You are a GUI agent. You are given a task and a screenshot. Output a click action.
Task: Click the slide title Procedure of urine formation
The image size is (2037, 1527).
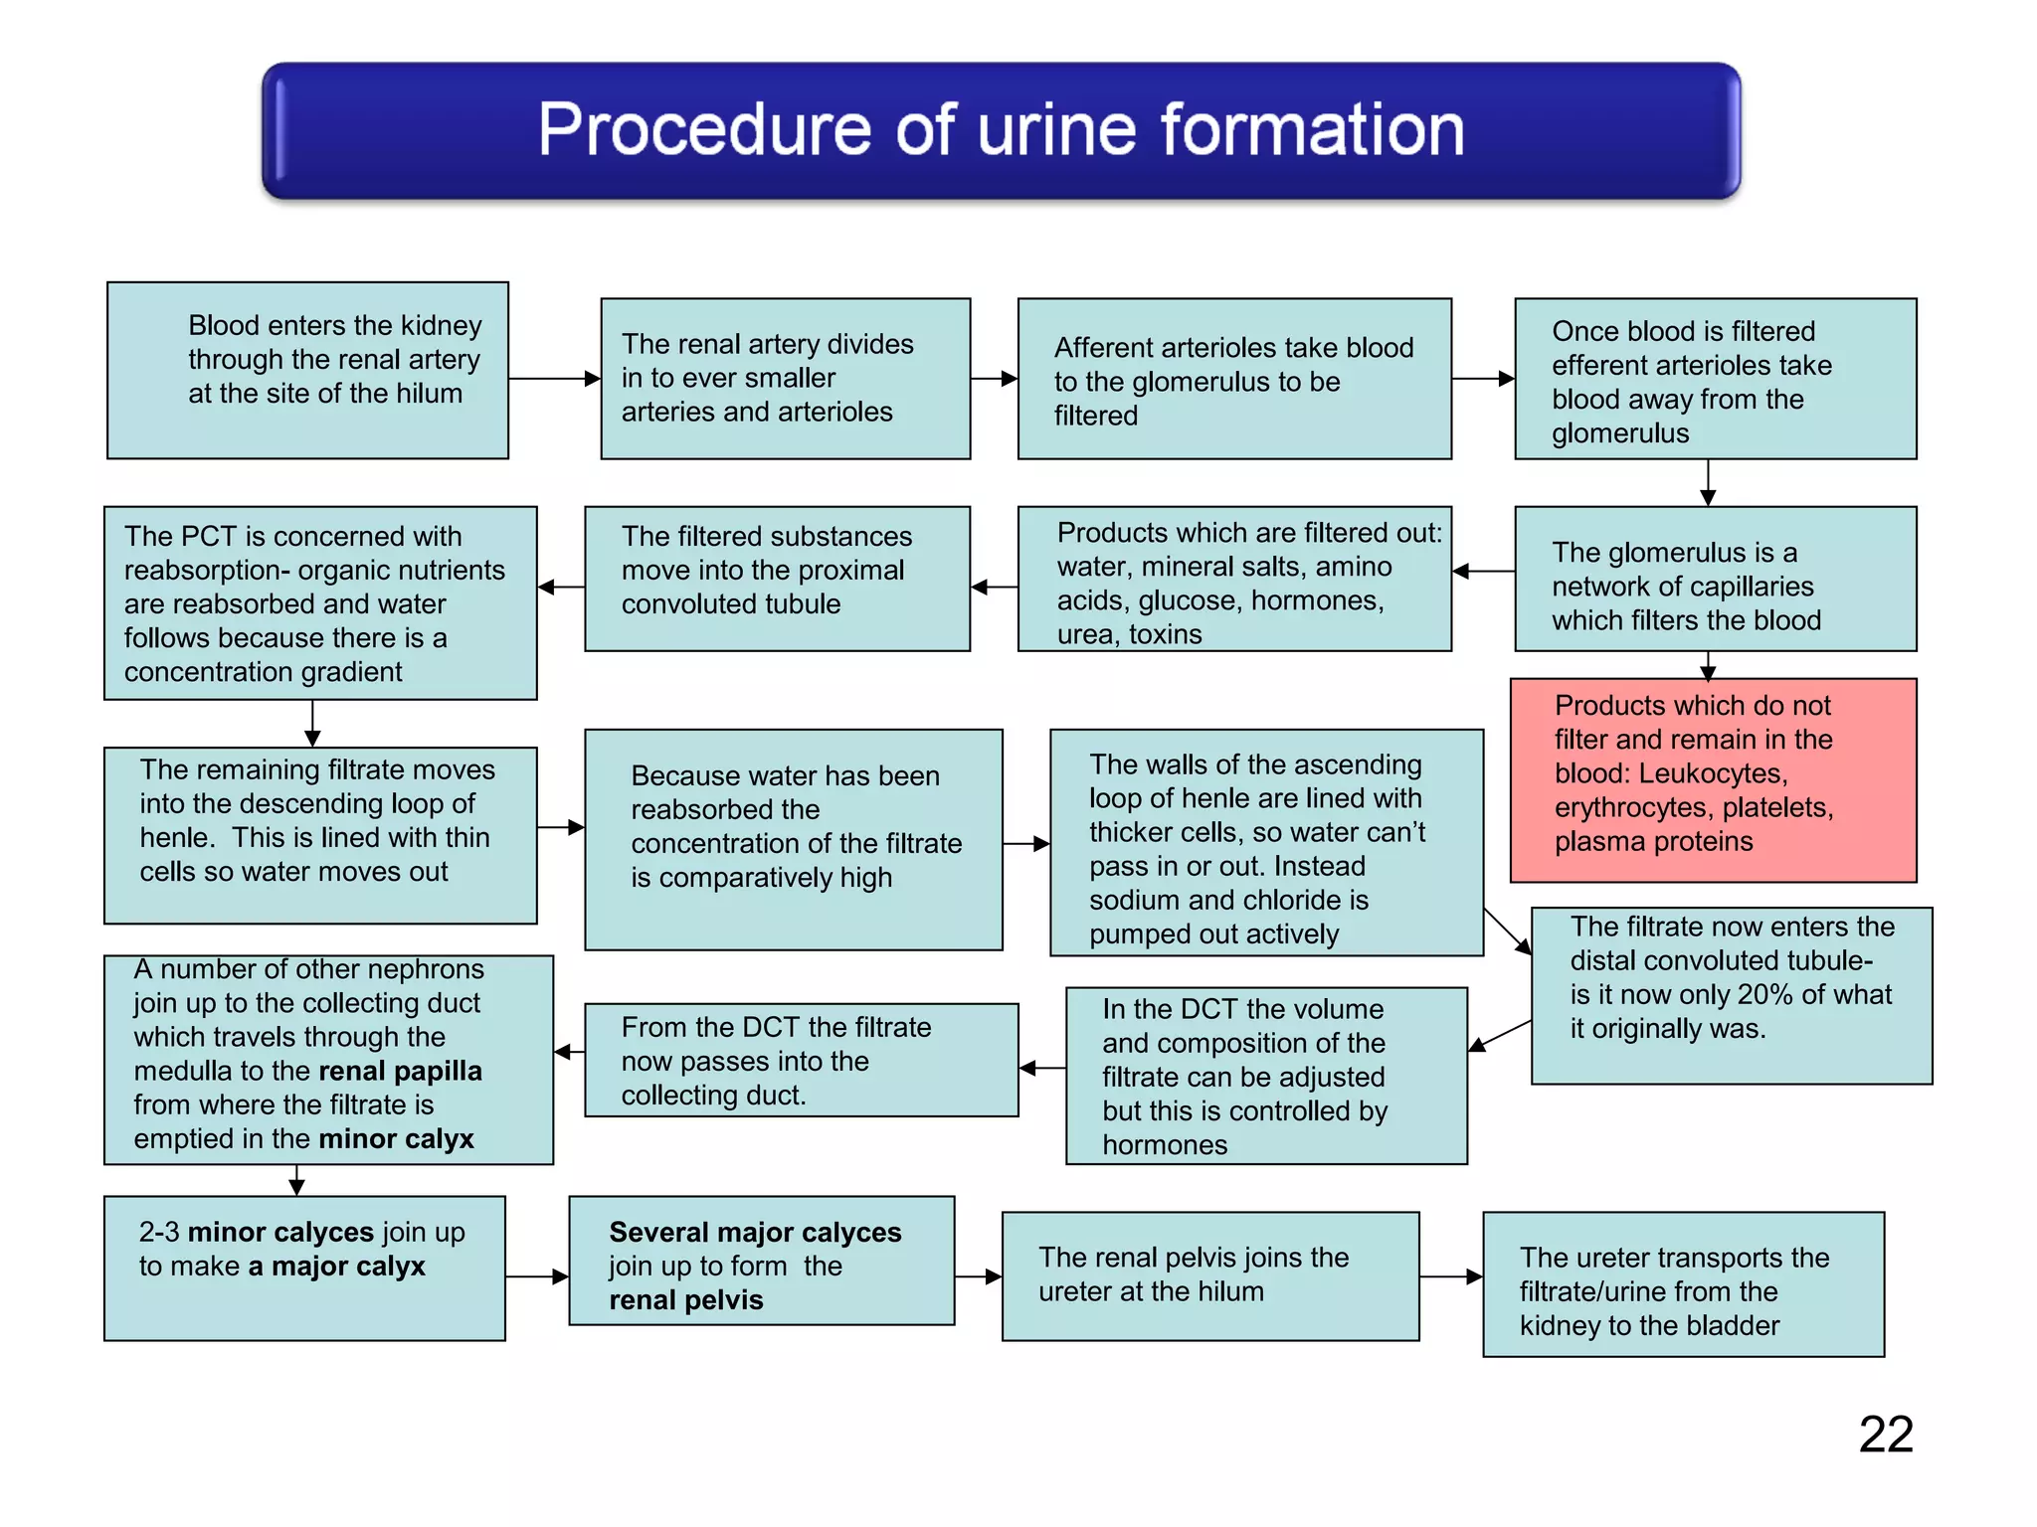pos(1001,130)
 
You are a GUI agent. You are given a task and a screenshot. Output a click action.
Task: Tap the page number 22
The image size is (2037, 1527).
pos(1885,1435)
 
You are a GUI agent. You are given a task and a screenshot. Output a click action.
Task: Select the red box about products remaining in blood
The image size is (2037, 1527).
pos(1713,780)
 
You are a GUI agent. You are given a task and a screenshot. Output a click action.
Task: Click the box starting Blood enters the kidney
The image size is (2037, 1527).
pos(307,370)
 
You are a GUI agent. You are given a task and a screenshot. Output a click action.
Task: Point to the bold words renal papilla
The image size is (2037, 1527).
pos(400,1071)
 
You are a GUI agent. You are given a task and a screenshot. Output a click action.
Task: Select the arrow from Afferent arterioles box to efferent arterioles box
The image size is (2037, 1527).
pos(1482,379)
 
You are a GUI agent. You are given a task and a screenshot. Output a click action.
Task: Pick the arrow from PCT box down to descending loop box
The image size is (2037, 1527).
pos(312,723)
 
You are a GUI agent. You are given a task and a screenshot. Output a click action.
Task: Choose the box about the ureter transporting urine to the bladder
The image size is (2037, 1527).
pos(1683,1283)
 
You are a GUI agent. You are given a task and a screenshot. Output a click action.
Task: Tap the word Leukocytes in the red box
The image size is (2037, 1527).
pos(1713,773)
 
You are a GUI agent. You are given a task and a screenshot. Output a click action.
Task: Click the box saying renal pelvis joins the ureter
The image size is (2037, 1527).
pos(1209,1275)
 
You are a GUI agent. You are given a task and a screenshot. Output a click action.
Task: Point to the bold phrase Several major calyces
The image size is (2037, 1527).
pos(755,1232)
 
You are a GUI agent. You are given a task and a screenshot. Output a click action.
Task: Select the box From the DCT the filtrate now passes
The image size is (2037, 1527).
pos(801,1060)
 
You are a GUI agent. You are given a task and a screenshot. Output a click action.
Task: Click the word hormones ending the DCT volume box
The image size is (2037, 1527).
pos(1164,1145)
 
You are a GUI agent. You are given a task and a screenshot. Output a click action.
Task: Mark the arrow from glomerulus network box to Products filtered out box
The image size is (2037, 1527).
pos(1482,572)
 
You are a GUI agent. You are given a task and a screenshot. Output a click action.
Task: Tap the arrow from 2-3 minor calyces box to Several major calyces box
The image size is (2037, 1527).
pos(537,1276)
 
